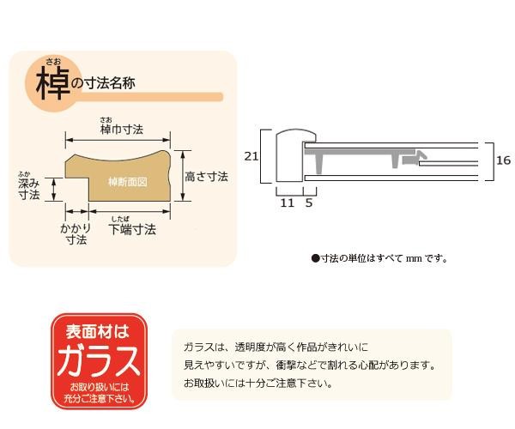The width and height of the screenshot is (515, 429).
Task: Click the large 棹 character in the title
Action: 53,84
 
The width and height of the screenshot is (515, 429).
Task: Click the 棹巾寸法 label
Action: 122,130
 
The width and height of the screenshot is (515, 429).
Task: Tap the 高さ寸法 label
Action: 207,177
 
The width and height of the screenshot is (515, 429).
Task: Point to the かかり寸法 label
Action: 76,233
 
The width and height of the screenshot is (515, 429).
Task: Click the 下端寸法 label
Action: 132,229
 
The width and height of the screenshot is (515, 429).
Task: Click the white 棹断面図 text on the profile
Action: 128,182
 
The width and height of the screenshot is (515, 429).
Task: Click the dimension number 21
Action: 251,156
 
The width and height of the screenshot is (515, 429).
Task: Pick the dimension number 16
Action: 503,160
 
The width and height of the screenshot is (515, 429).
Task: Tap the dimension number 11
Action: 287,202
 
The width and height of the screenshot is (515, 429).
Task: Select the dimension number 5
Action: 309,202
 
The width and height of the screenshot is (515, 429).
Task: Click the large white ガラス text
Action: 99,361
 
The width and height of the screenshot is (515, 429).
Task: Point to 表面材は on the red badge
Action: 98,331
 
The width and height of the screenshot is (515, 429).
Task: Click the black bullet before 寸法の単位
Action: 315,258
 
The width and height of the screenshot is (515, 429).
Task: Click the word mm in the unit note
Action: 414,258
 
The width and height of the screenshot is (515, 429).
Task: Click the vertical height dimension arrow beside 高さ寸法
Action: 183,176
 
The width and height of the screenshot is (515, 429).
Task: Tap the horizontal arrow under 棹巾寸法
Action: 118,140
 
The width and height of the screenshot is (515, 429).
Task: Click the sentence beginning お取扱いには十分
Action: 257,383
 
